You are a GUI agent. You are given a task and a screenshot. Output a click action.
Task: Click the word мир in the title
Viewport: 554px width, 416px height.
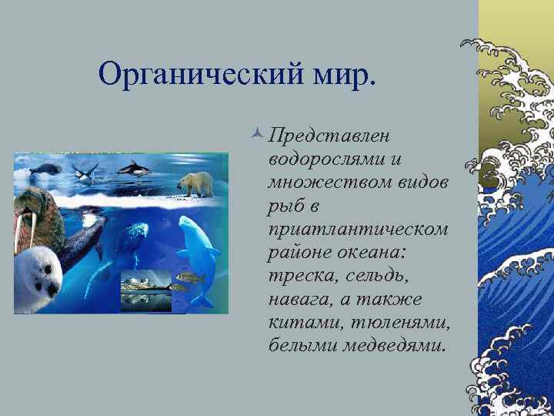(x=344, y=74)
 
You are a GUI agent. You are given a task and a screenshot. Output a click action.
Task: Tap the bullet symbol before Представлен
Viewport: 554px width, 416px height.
(x=258, y=136)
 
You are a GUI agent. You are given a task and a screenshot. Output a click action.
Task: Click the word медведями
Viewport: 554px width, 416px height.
(x=394, y=344)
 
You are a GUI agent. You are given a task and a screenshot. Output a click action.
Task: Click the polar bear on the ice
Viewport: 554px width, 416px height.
(x=195, y=183)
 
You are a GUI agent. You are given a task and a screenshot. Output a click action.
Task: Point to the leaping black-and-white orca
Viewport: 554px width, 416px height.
(x=136, y=166)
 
